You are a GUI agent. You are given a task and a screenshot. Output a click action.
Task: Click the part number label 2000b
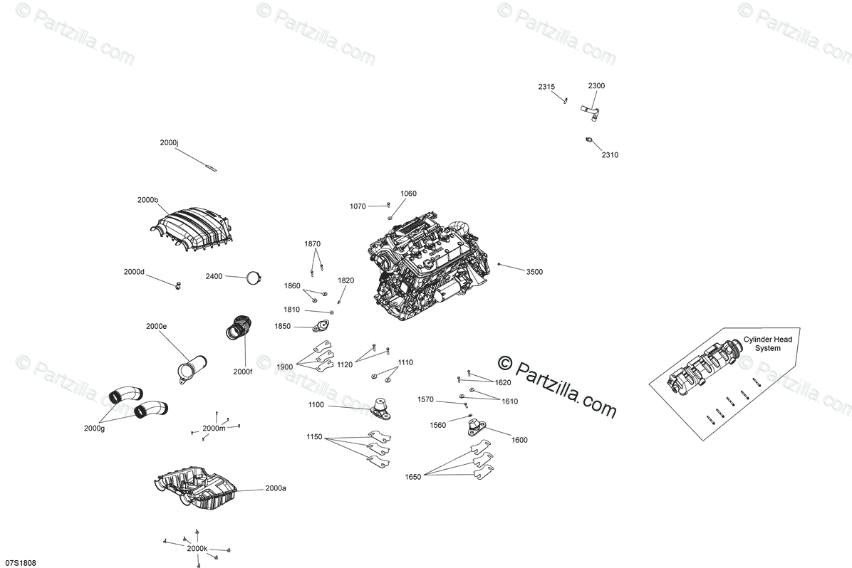point(148,200)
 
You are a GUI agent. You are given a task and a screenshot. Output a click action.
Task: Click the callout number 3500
point(534,272)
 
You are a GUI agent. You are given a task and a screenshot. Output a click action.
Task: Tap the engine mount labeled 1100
point(380,407)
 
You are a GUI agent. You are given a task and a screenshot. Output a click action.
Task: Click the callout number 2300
point(596,85)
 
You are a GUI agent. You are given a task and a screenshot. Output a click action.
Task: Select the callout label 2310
point(610,154)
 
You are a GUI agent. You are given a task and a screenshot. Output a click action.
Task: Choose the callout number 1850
point(283,326)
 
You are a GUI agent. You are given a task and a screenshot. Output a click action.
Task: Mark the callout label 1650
point(413,476)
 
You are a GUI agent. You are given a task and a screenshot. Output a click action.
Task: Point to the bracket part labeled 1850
point(321,326)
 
